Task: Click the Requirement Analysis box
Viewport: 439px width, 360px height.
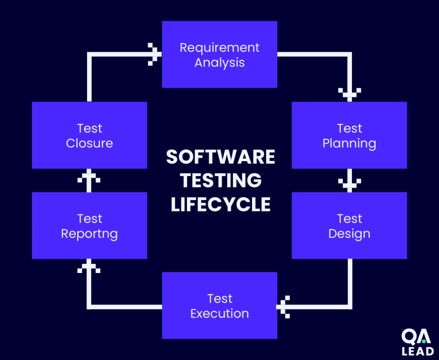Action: coord(219,54)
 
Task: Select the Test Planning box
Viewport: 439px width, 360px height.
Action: coord(349,135)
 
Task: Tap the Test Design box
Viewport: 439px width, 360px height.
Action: coord(349,225)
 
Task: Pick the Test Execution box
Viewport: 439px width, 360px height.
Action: coord(219,306)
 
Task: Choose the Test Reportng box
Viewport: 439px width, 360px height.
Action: coord(89,225)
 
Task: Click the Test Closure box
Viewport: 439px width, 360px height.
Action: coord(89,135)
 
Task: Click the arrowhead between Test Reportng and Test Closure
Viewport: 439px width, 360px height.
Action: coord(89,178)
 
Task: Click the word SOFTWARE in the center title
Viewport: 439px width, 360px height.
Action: coord(220,157)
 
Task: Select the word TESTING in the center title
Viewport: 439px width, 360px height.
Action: coord(220,180)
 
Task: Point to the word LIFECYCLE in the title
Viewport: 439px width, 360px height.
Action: coord(220,204)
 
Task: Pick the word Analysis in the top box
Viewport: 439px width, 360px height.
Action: coord(219,63)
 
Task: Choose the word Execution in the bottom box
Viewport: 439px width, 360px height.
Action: coord(219,313)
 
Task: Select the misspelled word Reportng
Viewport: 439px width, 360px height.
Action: coord(89,234)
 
